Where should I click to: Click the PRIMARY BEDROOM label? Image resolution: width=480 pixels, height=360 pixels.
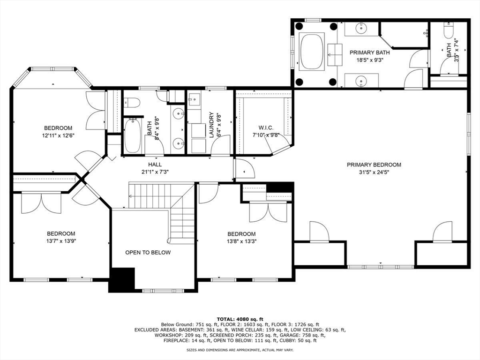pyautogui.click(x=374, y=165)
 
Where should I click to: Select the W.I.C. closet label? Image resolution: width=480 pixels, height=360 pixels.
pyautogui.click(x=266, y=127)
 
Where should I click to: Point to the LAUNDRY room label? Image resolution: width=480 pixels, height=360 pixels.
pyautogui.click(x=211, y=124)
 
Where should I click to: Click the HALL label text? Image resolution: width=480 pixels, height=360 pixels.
pyautogui.click(x=155, y=165)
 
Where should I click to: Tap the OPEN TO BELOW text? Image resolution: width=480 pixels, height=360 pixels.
pyautogui.click(x=148, y=252)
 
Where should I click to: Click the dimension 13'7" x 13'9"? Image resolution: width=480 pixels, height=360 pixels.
pyautogui.click(x=61, y=241)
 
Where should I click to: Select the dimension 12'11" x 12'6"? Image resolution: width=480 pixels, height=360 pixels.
pyautogui.click(x=58, y=135)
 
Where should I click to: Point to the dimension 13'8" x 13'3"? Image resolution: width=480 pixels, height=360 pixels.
pyautogui.click(x=241, y=241)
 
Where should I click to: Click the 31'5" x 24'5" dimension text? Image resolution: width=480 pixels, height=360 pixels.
pyautogui.click(x=374, y=172)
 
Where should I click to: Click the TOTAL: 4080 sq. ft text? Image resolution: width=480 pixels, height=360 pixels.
pyautogui.click(x=240, y=319)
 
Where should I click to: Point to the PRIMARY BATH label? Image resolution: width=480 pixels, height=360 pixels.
pyautogui.click(x=369, y=52)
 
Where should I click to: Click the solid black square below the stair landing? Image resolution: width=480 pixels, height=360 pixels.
pyautogui.click(x=122, y=280)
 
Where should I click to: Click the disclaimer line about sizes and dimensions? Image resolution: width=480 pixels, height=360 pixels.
pyautogui.click(x=240, y=350)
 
